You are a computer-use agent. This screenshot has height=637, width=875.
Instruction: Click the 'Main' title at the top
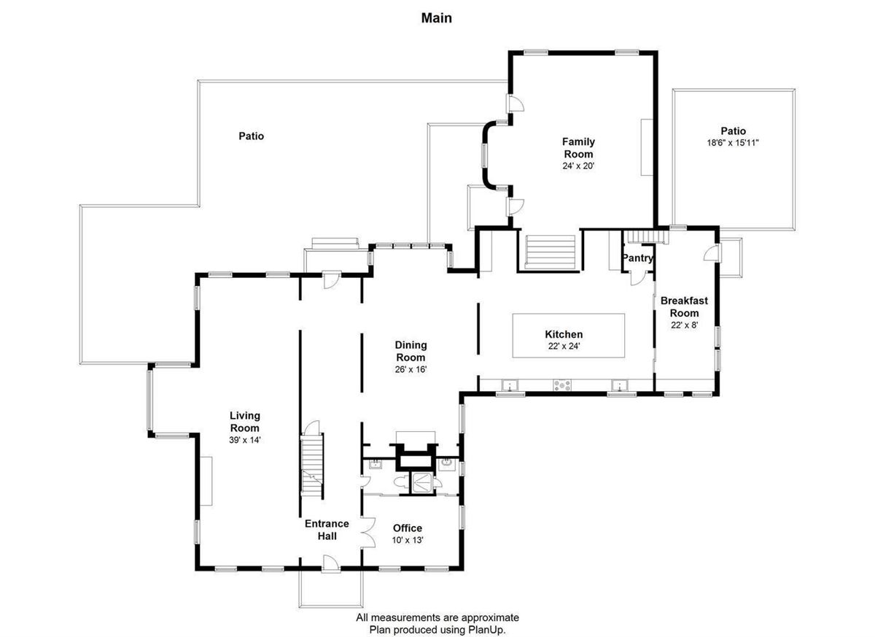coord(436,18)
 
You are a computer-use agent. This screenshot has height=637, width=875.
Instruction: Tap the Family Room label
coord(577,148)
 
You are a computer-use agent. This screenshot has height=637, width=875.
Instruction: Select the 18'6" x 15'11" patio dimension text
coord(733,143)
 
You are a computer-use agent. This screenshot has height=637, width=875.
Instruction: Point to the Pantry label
coord(637,258)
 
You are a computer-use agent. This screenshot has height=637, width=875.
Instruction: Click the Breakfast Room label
coord(684,306)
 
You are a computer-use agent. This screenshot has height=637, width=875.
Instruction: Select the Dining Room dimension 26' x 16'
coord(411,369)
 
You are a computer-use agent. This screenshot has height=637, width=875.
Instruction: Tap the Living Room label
coord(244,422)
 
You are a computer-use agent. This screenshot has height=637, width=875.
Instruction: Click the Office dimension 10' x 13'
coord(408,540)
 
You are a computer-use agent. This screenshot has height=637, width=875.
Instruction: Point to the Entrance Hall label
coord(326,530)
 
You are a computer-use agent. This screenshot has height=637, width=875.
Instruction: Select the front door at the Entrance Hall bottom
coord(330,563)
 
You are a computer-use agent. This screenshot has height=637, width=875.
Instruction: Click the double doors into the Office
coord(367,531)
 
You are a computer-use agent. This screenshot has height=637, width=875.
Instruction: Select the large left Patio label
coord(251,136)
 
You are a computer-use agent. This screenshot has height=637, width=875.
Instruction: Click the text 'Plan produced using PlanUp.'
coord(437,628)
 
